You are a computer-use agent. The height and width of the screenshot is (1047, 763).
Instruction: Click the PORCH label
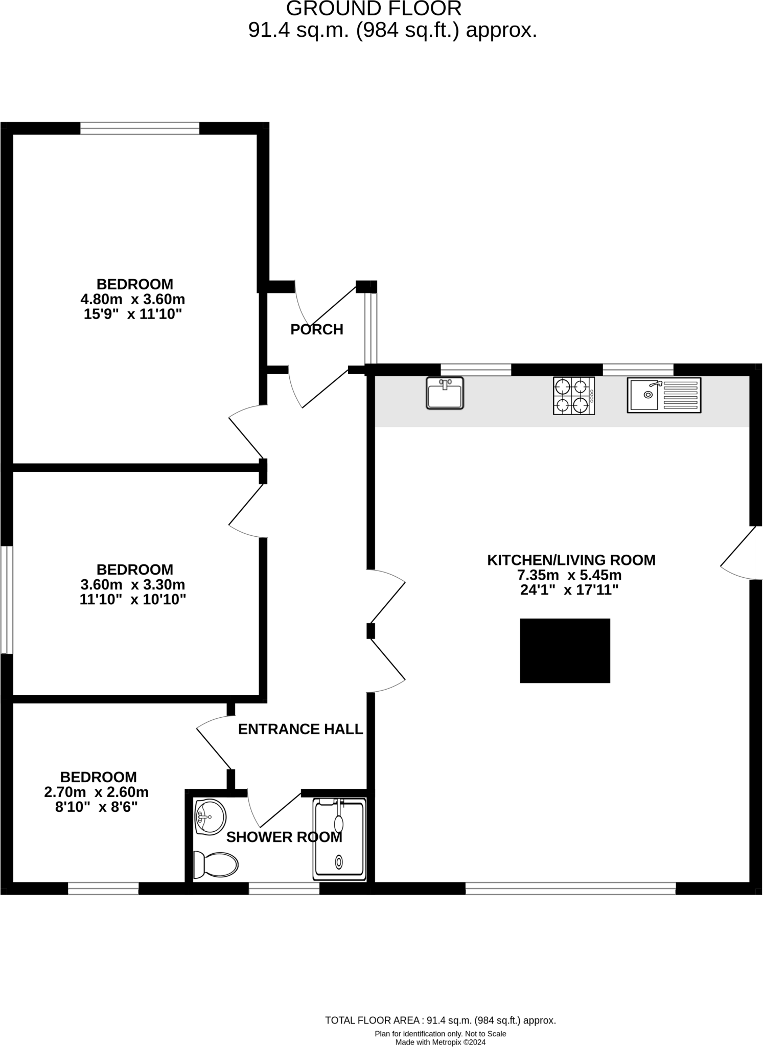(x=317, y=330)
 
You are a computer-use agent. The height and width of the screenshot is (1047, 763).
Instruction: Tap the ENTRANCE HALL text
(x=300, y=729)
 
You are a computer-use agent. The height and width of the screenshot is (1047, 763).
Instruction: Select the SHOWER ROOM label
(x=284, y=837)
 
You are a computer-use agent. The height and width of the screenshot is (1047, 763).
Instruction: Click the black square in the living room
(x=565, y=650)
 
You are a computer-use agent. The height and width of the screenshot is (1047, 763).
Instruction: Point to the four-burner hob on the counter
(x=574, y=396)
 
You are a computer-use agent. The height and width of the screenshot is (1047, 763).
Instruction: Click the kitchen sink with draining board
(x=664, y=395)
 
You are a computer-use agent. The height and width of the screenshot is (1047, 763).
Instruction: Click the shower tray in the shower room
(x=339, y=839)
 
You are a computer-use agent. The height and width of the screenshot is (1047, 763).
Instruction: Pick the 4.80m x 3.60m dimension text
(x=133, y=299)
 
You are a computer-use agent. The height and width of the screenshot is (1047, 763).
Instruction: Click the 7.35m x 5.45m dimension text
(x=569, y=575)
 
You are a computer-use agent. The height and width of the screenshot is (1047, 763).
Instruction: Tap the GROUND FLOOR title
(x=374, y=9)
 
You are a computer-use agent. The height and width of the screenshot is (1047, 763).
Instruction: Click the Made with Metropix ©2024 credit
(x=441, y=1042)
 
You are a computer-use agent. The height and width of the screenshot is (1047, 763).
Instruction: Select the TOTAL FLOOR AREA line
(x=441, y=1020)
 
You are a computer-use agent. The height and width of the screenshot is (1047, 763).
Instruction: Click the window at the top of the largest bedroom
(x=140, y=128)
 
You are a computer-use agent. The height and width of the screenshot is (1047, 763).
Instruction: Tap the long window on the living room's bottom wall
(x=570, y=888)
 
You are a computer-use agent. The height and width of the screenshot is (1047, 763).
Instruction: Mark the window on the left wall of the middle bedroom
(x=6, y=600)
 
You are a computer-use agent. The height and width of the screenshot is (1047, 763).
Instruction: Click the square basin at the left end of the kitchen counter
(x=445, y=393)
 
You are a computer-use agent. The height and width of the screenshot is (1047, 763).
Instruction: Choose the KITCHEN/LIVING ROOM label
(x=571, y=560)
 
